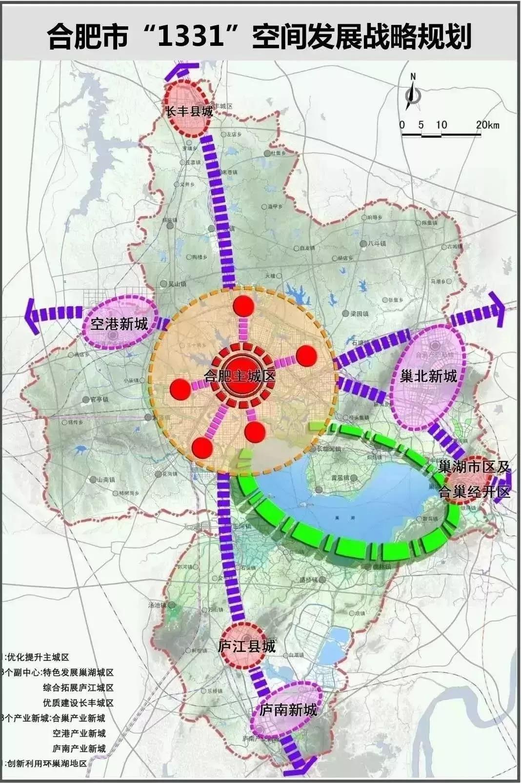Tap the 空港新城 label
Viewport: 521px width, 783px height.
120,323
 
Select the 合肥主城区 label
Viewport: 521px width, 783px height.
240,376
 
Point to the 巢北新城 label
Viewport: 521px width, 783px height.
428,376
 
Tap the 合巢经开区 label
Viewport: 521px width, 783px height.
474,491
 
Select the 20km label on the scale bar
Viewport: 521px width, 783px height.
487,125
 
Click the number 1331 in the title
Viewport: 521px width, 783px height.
187,37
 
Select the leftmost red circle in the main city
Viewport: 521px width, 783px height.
180,389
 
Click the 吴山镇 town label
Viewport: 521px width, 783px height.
177,283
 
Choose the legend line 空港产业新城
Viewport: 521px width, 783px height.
79,733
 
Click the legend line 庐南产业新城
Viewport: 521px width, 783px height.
79,748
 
